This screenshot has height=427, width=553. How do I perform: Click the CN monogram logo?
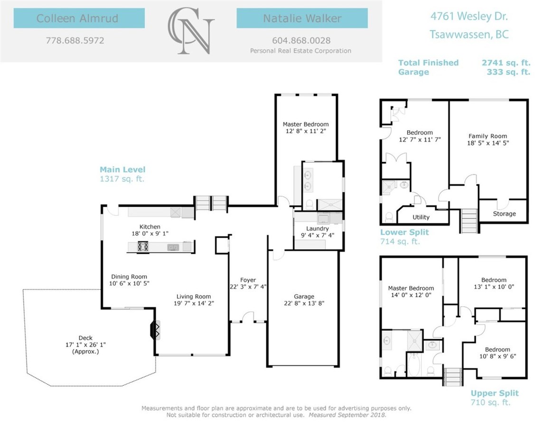coord(191,31)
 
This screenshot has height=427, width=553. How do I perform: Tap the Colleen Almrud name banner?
coord(79,18)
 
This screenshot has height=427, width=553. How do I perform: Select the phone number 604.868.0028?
coord(301,40)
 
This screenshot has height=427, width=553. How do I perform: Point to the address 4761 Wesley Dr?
coord(469,16)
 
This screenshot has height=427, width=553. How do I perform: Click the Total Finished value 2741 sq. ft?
coord(506,63)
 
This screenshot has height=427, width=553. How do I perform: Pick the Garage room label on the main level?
coord(304,297)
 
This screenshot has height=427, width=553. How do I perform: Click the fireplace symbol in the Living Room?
coord(155,330)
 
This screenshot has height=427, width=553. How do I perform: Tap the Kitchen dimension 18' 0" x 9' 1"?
coord(150,233)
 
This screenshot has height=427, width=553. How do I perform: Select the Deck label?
coord(86,338)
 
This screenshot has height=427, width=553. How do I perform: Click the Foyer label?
coord(248,280)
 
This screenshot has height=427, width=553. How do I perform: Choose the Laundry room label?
coord(318,229)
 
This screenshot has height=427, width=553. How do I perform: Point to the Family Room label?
coord(488,136)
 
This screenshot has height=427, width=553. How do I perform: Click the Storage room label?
coord(504,213)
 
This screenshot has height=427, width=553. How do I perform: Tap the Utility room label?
coord(421,217)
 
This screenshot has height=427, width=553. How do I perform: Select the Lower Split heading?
coord(404,232)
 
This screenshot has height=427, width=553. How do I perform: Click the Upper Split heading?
coord(495,393)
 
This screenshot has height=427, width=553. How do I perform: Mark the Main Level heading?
coord(122,169)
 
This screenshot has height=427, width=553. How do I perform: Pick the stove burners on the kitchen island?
coord(143,246)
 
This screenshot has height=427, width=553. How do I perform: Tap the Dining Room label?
coord(129,277)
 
